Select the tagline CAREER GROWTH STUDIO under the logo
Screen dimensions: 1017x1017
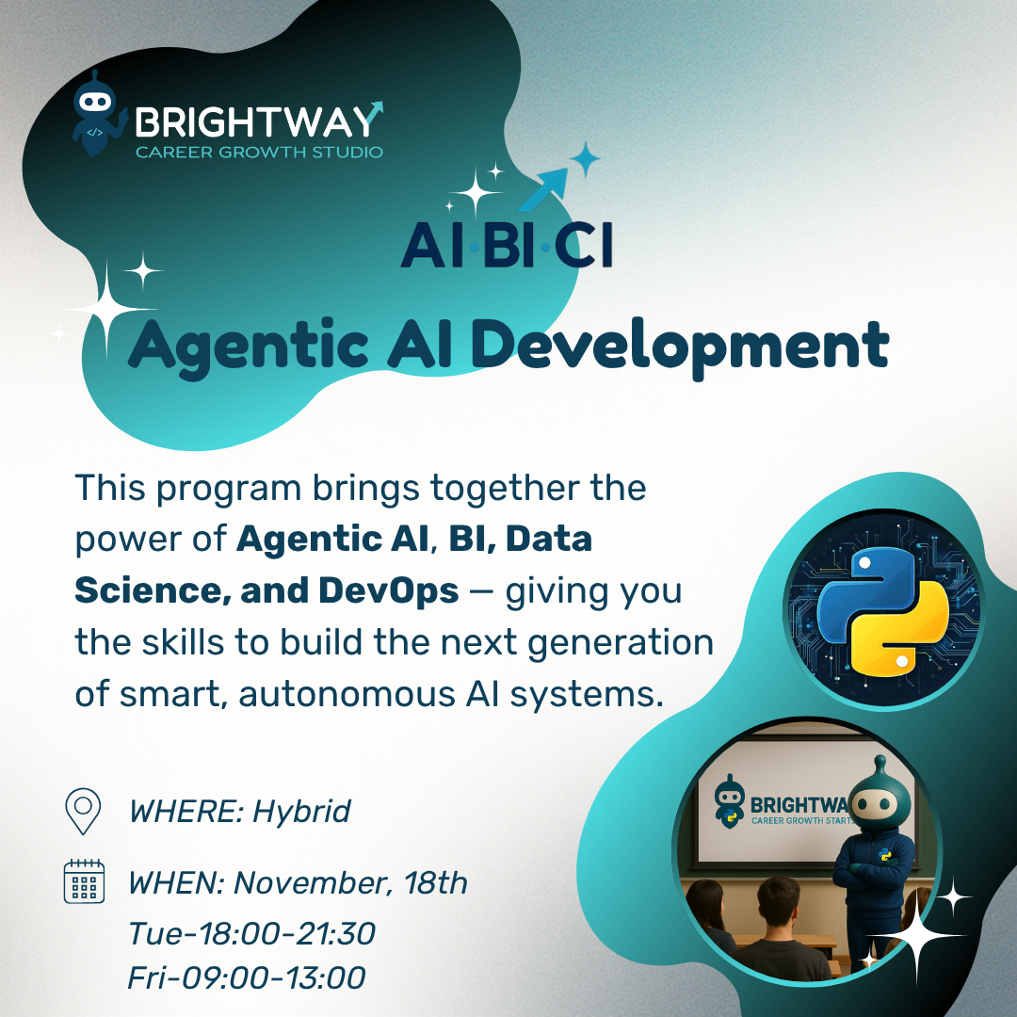260,153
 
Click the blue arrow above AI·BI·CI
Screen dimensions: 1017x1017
543,188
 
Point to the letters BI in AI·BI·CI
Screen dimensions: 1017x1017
508,245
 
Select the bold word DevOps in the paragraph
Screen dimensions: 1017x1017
389,590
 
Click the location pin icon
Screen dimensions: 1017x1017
83,811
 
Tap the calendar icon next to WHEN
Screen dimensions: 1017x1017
85,880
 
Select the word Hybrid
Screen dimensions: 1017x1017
301,812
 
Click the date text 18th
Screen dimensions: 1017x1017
435,882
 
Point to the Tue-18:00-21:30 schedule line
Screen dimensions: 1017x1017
251,934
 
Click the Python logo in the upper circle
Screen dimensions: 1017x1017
883,611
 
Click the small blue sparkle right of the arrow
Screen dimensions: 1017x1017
585,159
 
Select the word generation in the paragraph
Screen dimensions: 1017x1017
621,644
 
